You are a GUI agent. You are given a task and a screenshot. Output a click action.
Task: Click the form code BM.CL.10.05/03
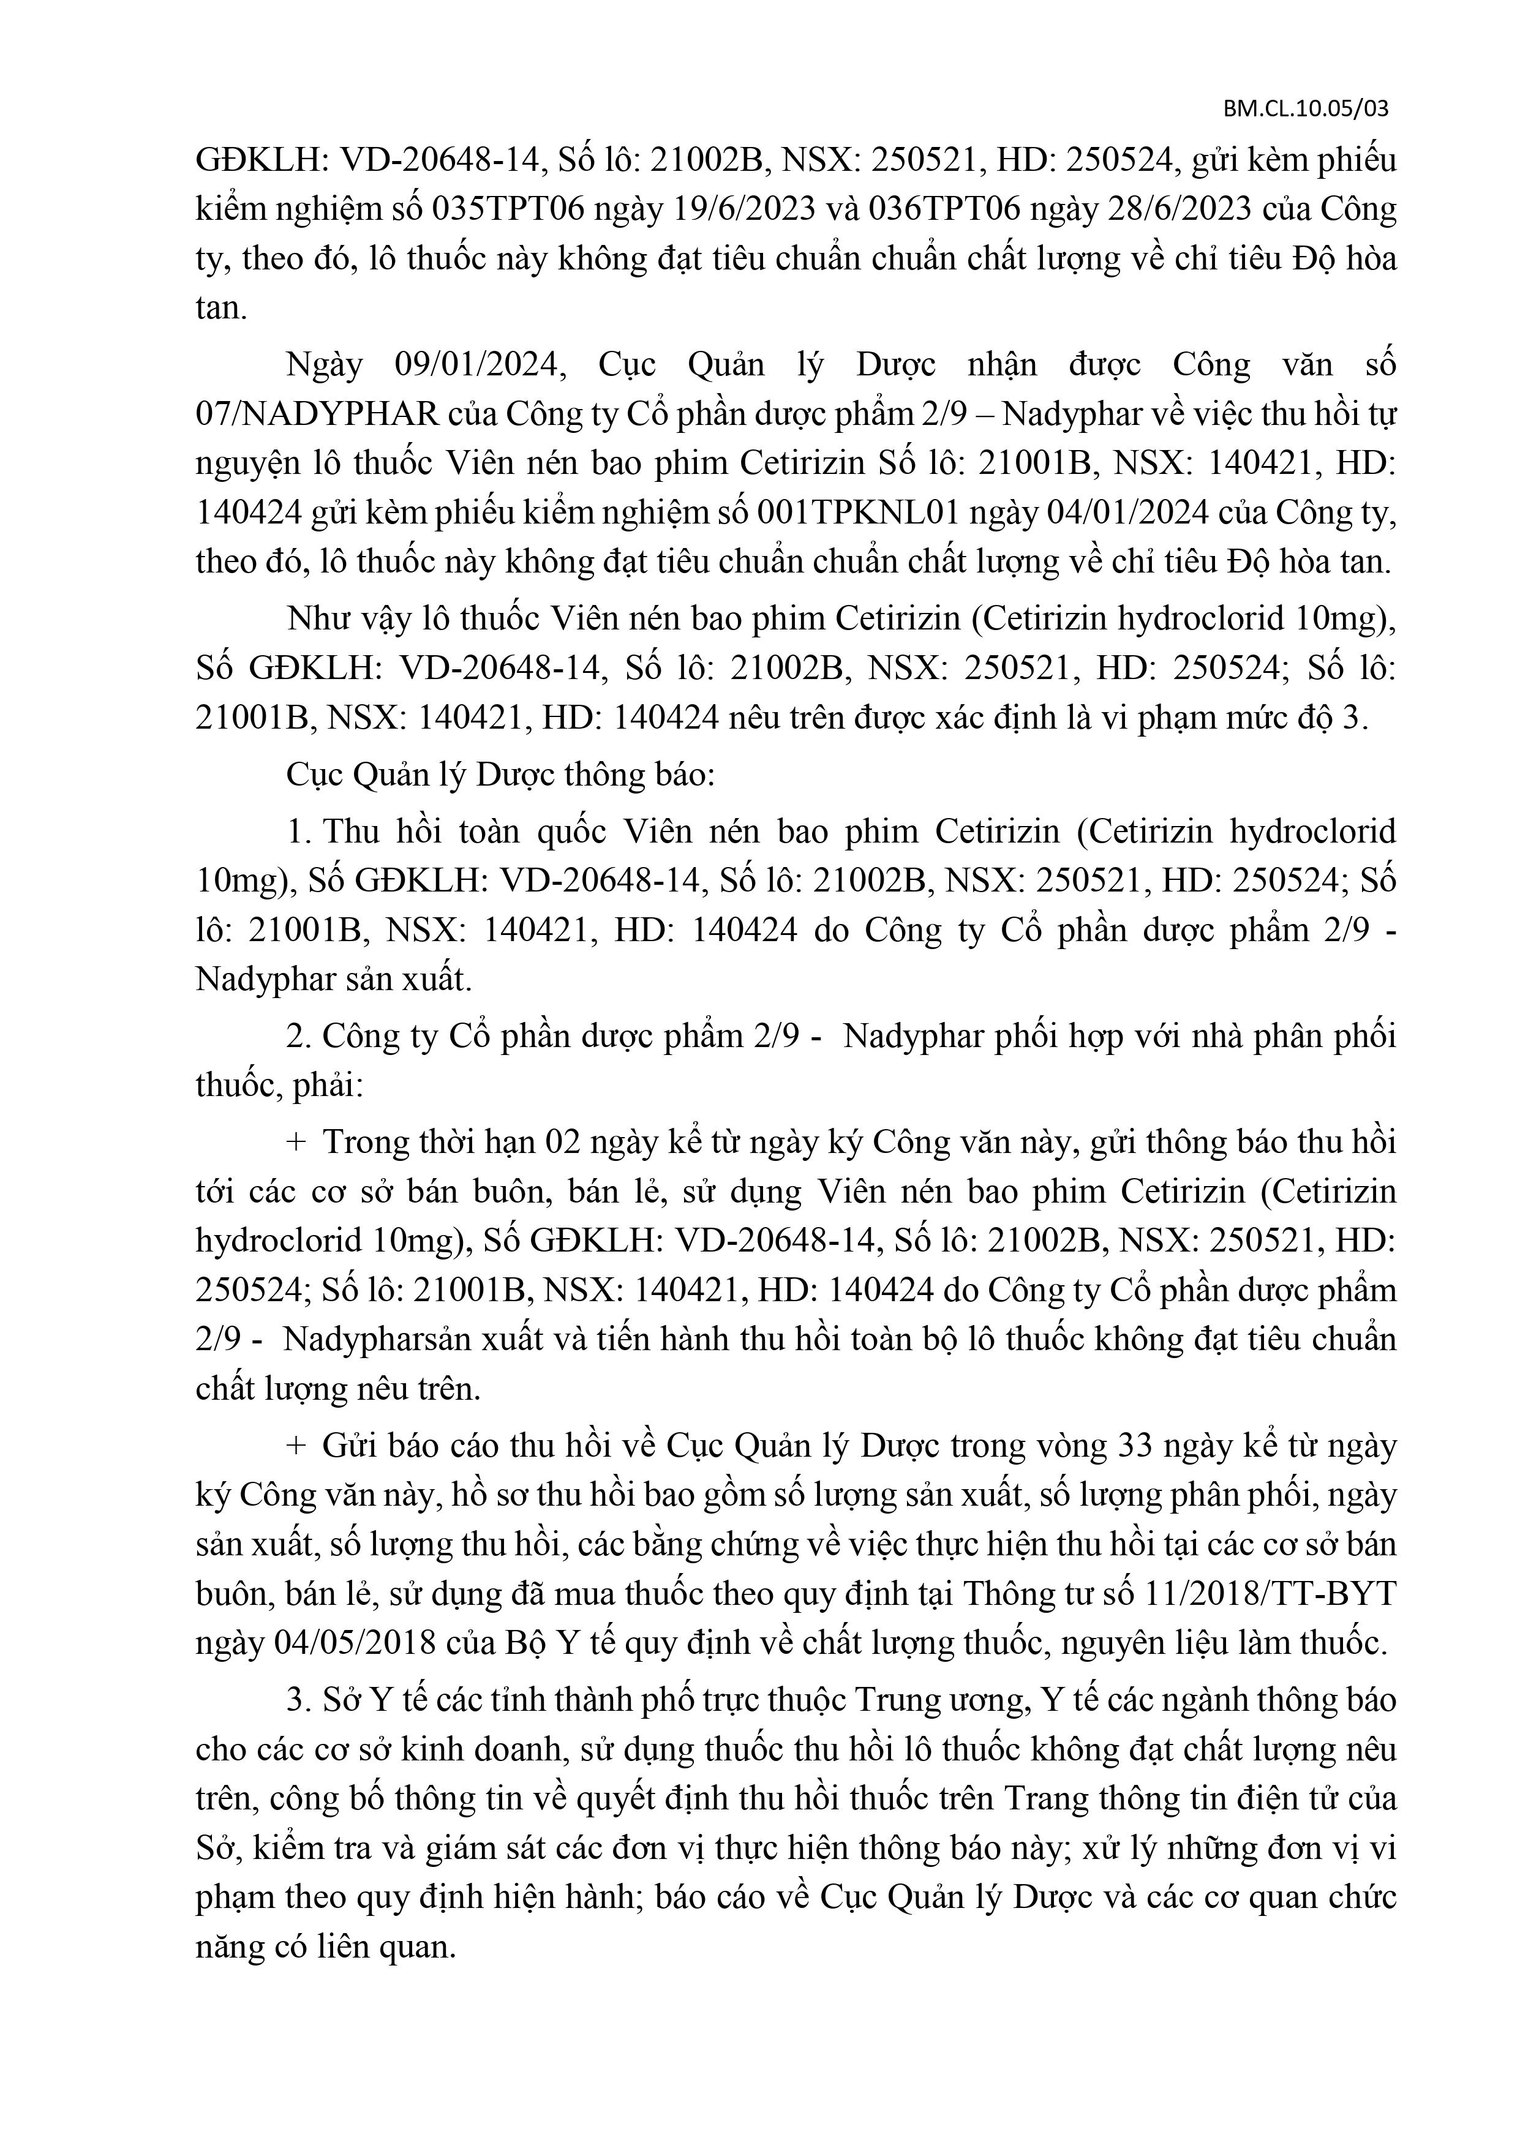point(1306,108)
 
